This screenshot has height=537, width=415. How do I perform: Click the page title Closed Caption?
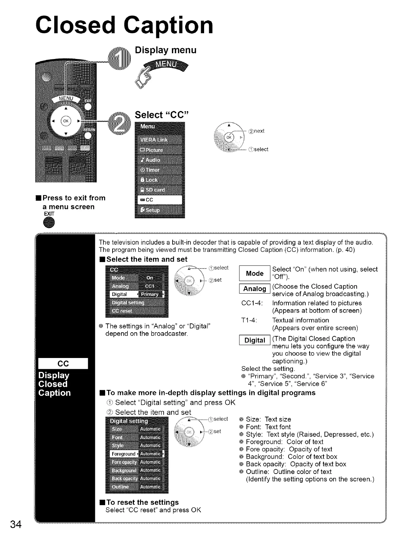pyautogui.click(x=125, y=25)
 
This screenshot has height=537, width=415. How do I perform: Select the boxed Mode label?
pyautogui.click(x=255, y=274)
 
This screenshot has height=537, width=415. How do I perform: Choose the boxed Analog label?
pyautogui.click(x=255, y=289)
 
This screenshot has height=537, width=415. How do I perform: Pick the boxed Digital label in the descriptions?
pyautogui.click(x=255, y=340)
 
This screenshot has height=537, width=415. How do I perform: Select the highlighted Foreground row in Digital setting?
pyautogui.click(x=137, y=454)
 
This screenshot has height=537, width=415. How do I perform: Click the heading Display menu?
pyautogui.click(x=165, y=50)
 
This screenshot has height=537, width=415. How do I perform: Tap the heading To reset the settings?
pyautogui.click(x=142, y=502)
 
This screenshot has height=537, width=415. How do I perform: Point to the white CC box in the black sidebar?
pyautogui.click(x=63, y=363)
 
